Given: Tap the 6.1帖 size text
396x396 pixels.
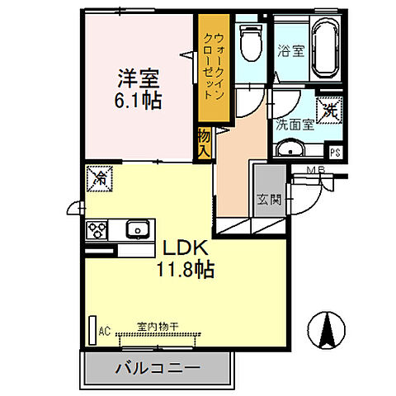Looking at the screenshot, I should point(137,101).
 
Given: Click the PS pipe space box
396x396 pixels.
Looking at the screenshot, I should point(336,152).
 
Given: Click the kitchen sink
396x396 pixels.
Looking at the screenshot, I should point(136,229).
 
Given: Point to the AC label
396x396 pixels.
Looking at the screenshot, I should point(105,332).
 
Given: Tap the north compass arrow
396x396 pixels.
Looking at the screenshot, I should point(326,332).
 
